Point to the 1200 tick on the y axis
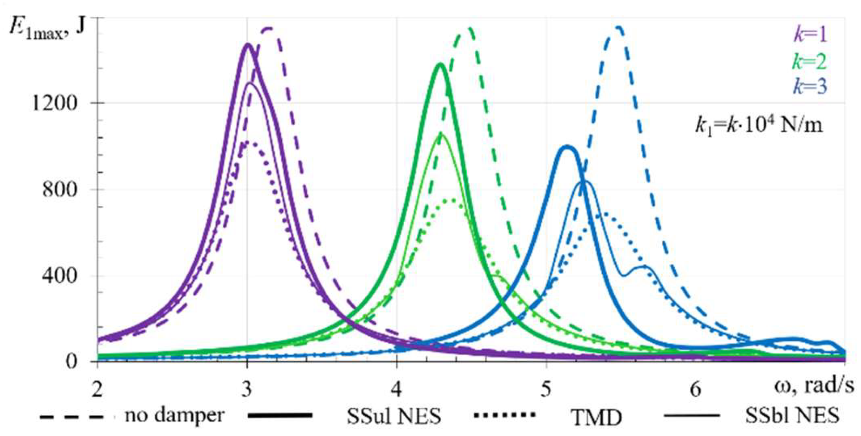pos(55,103)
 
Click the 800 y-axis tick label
pos(60,189)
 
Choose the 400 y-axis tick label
pos(60,275)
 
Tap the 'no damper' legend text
pos(175,415)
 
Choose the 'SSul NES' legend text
pos(394,415)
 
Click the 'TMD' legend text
pos(596,417)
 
